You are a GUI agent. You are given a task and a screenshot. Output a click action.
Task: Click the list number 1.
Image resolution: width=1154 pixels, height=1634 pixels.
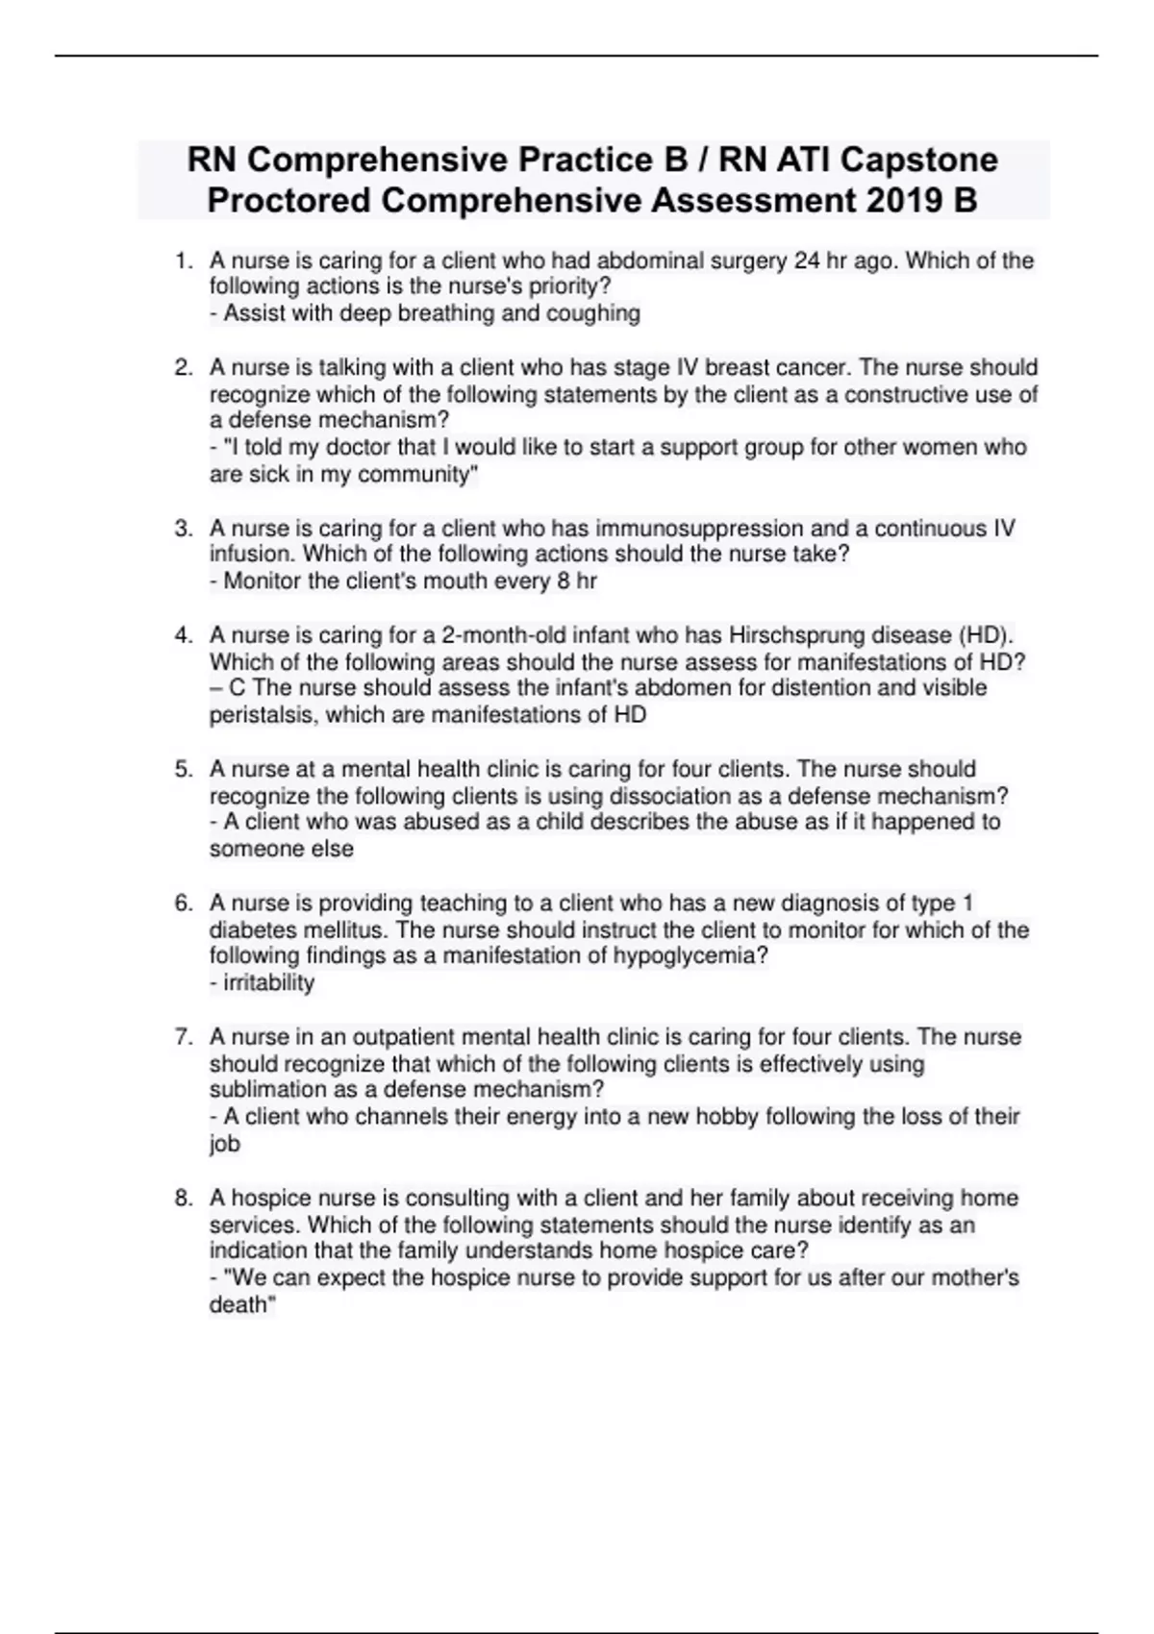(x=183, y=260)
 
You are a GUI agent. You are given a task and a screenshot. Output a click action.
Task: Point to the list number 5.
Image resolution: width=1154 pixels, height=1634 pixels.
(x=183, y=769)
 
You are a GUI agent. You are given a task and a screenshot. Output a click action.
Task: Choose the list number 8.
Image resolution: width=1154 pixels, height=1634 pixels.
(x=183, y=1198)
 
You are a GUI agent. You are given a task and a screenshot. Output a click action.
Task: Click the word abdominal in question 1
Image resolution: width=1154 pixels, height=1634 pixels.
(x=643, y=260)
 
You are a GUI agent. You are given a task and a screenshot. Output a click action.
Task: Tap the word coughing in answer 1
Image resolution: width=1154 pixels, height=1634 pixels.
(x=592, y=313)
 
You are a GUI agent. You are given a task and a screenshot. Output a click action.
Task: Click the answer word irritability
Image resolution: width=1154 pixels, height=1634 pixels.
(x=268, y=982)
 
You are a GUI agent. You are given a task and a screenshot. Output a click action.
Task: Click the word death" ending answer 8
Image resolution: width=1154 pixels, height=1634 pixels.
(x=241, y=1304)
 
